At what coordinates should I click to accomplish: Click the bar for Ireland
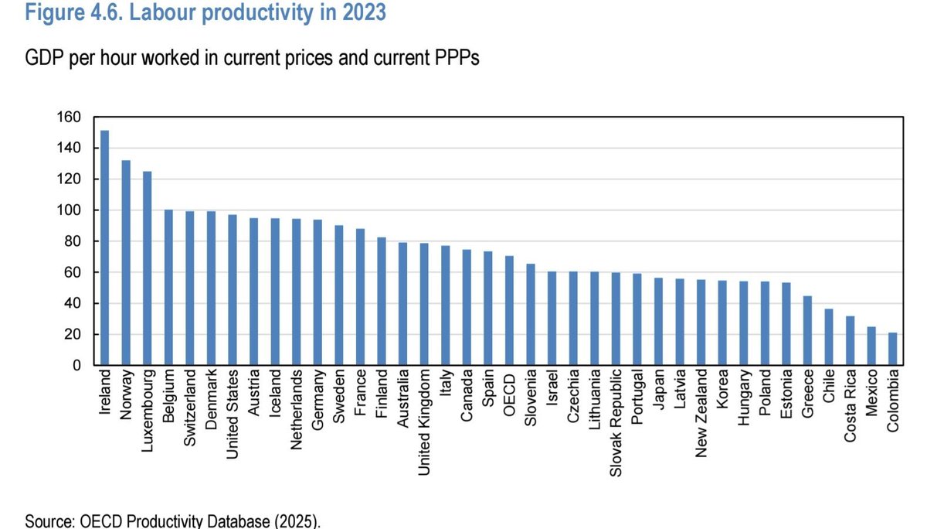coord(104,247)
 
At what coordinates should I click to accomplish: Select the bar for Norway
coord(126,263)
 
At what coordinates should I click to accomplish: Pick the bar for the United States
coord(233,290)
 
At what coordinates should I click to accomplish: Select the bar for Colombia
coord(892,349)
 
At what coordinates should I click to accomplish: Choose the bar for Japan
coord(658,322)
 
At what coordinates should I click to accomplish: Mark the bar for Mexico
coord(871,346)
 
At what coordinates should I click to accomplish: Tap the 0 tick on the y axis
coord(76,366)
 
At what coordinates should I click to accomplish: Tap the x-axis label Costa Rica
coord(850,407)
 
